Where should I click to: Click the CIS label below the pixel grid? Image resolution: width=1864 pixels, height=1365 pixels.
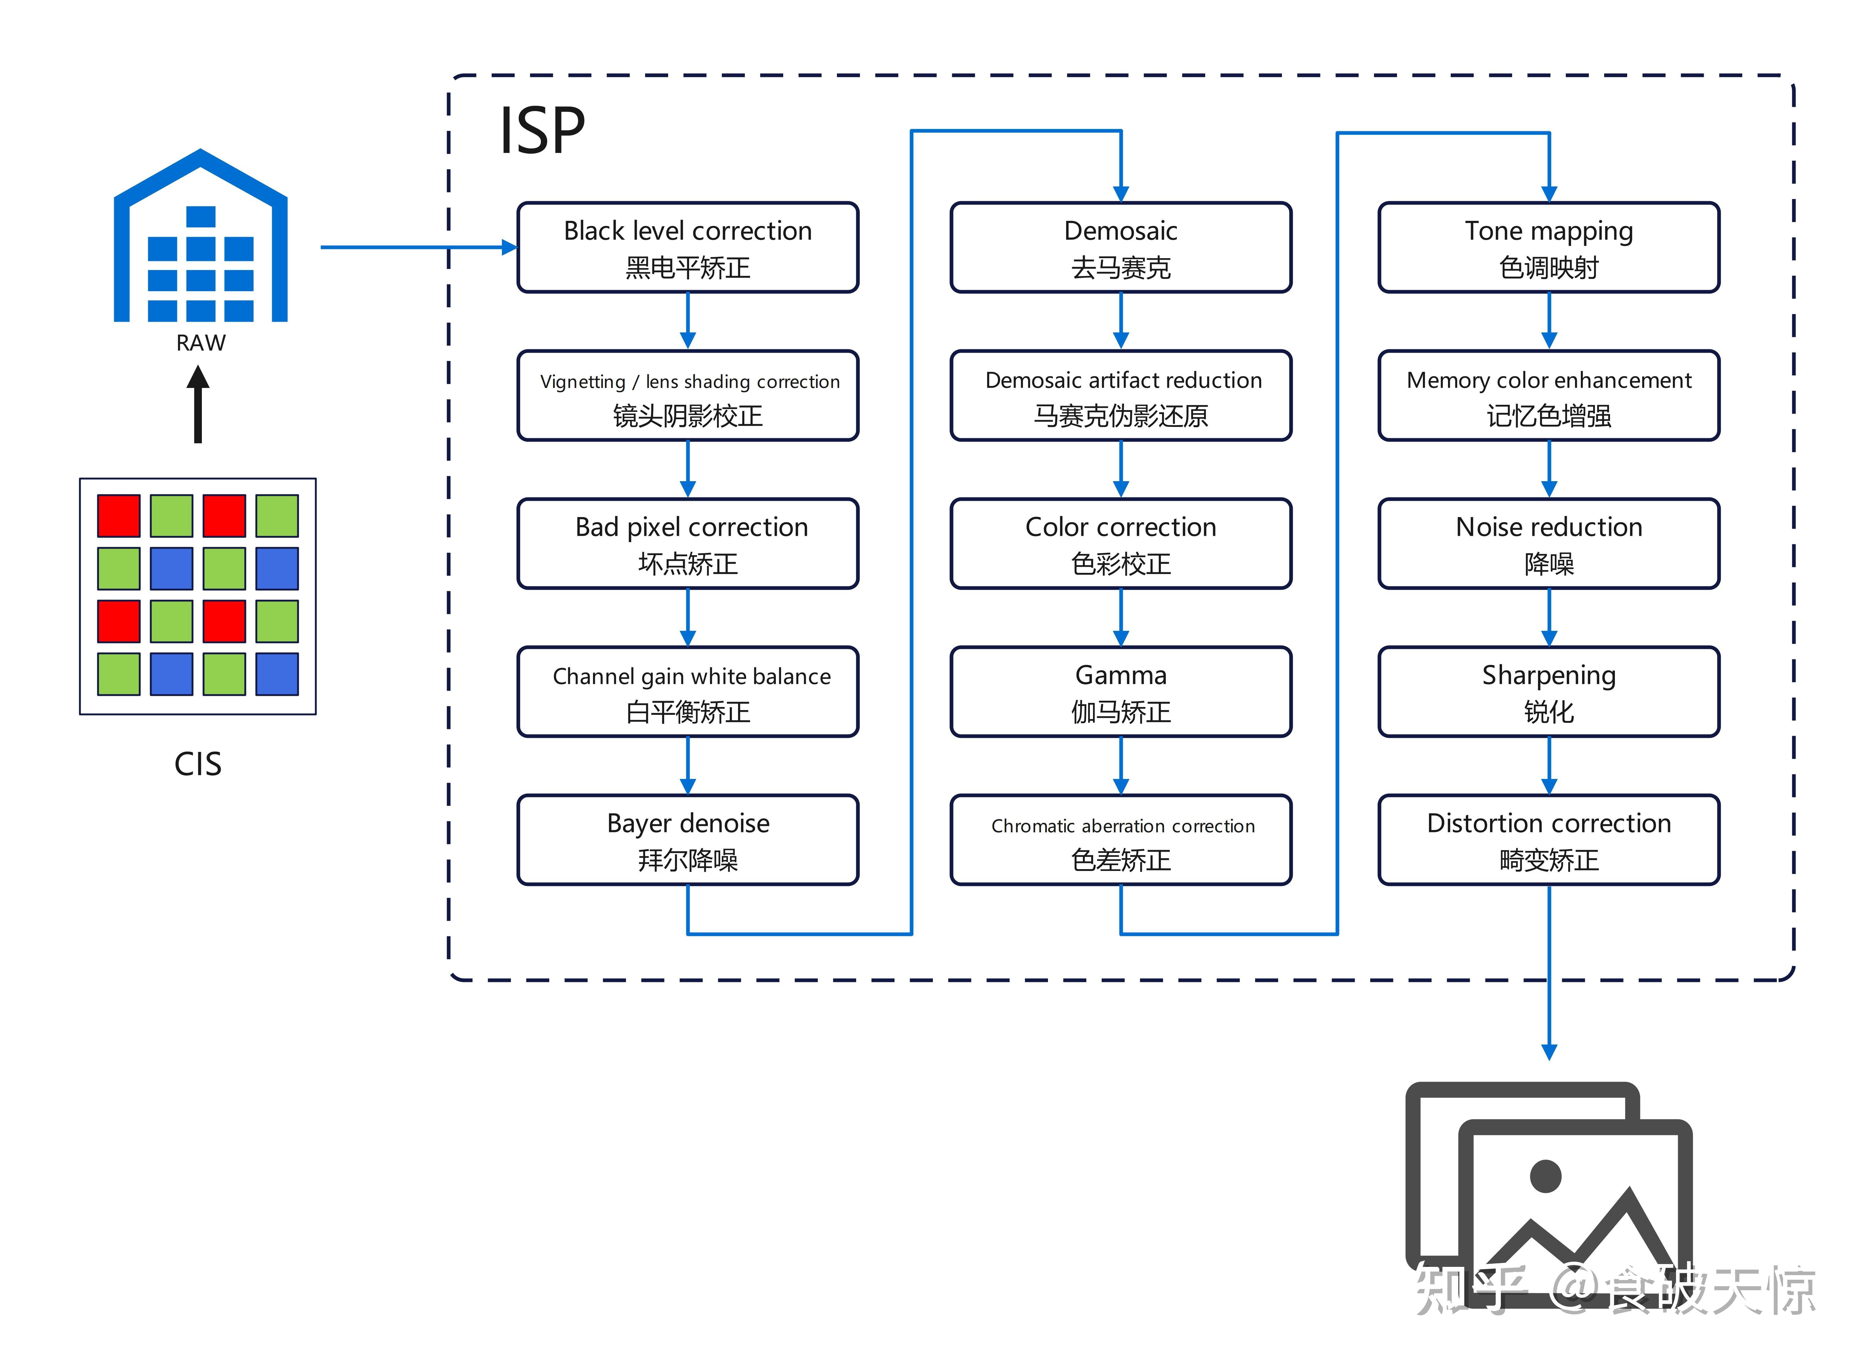click(x=198, y=764)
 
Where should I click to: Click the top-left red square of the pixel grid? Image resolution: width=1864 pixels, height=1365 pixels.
click(x=118, y=516)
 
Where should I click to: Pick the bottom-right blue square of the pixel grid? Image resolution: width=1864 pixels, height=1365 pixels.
click(x=277, y=673)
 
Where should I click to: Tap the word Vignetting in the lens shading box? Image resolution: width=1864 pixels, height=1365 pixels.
click(x=583, y=382)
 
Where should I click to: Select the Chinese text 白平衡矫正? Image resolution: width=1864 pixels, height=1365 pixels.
click(x=688, y=711)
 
